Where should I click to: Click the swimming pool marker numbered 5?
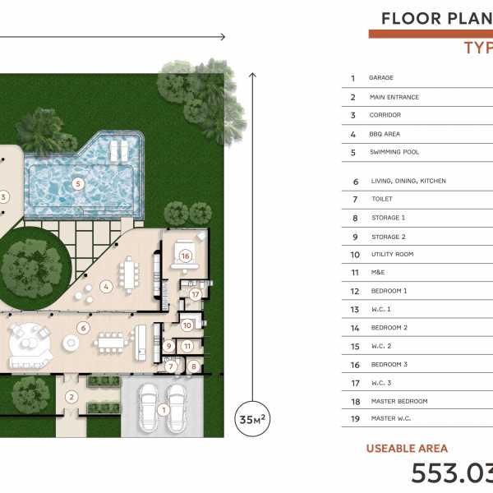(78, 183)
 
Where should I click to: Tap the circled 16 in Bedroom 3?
(185, 256)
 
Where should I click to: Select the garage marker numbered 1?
(164, 410)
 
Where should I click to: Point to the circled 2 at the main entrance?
(71, 397)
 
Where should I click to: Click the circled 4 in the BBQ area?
(106, 287)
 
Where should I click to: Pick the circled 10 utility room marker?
(187, 325)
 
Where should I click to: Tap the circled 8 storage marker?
(194, 366)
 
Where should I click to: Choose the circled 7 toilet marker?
(171, 366)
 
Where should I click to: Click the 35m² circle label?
(252, 419)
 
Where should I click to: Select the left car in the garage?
(148, 408)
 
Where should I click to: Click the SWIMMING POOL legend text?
(394, 152)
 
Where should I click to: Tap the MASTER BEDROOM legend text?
(399, 401)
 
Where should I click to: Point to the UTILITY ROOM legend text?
(393, 254)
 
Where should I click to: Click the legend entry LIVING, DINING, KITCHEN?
(408, 181)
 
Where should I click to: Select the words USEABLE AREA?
(407, 449)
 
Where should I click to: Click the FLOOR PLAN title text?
(437, 19)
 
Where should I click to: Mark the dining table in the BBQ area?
(129, 275)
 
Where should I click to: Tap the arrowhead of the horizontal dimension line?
(223, 37)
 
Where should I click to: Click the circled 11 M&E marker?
(187, 346)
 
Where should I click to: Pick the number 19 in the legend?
(355, 419)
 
